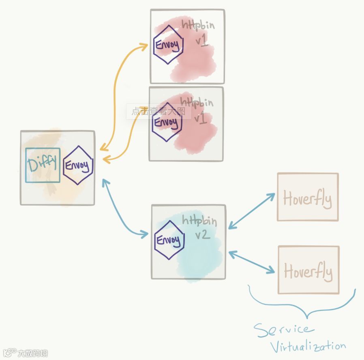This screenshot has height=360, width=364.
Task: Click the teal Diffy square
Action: point(43,165)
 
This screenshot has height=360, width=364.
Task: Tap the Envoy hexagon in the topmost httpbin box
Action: point(168,45)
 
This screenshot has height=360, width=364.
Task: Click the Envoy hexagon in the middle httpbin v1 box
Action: point(166,122)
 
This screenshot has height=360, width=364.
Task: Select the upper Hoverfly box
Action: point(307,197)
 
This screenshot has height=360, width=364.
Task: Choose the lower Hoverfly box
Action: point(308,270)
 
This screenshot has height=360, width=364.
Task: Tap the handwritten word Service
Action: point(283,330)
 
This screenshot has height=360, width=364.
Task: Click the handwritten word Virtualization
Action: point(308,347)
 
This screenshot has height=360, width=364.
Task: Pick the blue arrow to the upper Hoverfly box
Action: point(252,211)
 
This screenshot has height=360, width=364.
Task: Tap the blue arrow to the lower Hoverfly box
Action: point(252,261)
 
